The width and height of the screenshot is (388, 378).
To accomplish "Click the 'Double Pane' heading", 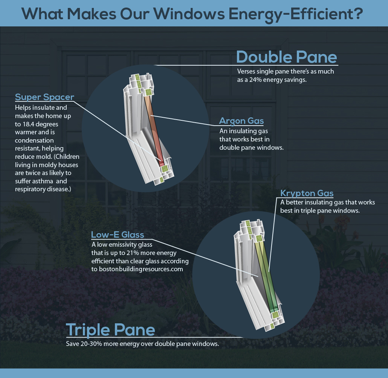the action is pos(287,57).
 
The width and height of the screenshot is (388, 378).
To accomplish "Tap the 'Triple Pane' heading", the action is pos(110,330).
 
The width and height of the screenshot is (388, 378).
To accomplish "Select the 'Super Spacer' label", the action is pos(44,97).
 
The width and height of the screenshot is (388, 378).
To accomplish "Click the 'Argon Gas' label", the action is pos(241,121).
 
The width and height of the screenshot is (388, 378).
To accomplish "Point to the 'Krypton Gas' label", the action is pos(307,193).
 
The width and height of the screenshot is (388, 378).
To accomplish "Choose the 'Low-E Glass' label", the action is pos(118,235).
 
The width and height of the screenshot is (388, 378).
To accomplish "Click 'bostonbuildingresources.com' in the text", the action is pos(141,269).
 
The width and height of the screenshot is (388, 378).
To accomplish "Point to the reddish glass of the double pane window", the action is pos(153,129).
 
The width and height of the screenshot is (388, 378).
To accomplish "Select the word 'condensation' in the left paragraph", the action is pos(34,141).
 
